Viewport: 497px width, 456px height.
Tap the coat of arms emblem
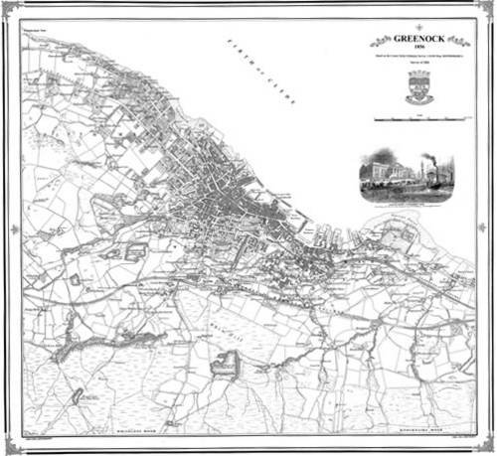coord(418,91)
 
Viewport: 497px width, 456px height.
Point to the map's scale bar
coord(418,119)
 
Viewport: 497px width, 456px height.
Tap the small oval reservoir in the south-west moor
coord(76,396)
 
